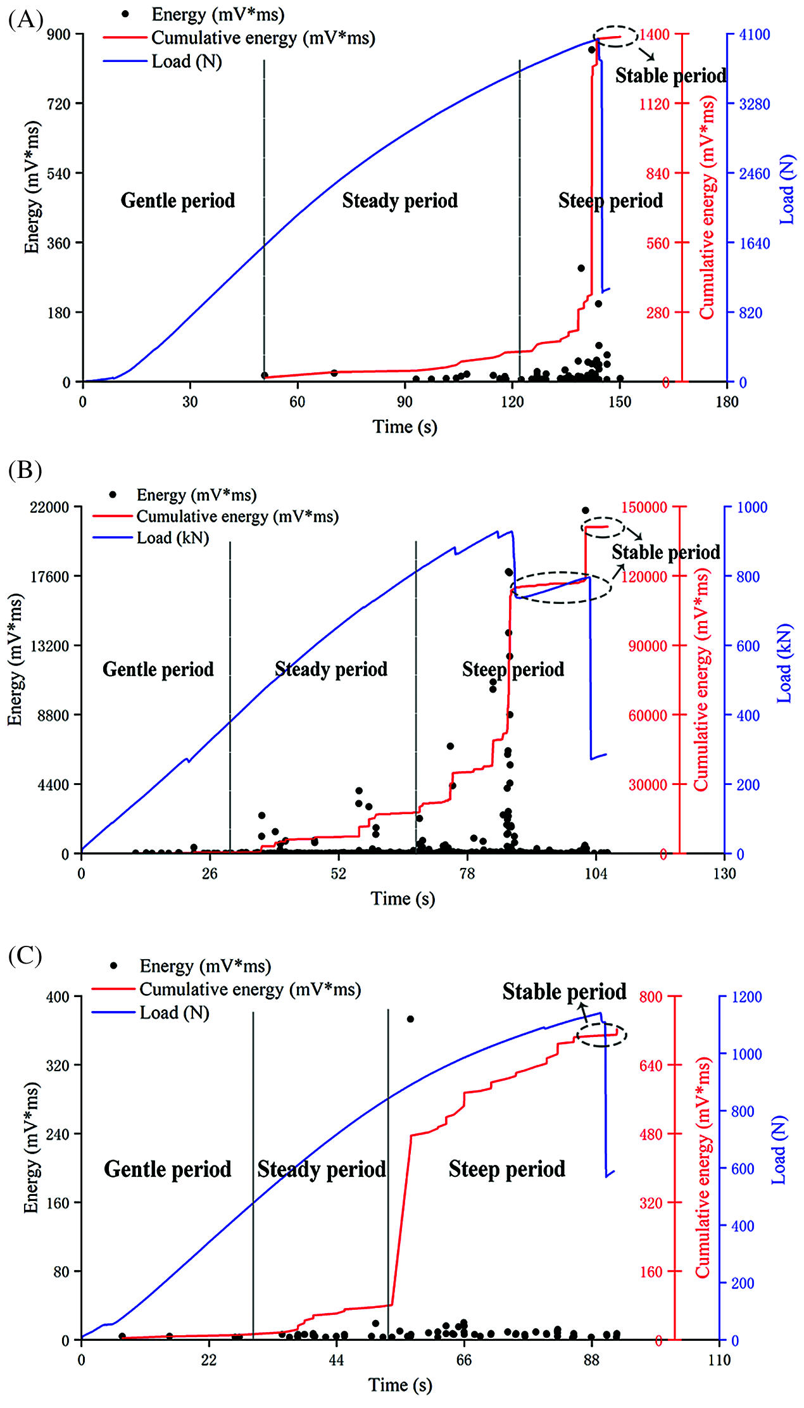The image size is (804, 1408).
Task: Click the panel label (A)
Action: (x=25, y=20)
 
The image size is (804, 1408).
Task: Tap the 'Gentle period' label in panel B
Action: (x=158, y=669)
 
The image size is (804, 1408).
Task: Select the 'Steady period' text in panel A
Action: (x=399, y=201)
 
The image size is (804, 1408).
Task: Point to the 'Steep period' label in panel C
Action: (x=506, y=1169)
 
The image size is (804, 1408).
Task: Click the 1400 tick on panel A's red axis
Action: (x=654, y=34)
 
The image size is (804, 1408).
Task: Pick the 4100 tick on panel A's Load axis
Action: (x=755, y=34)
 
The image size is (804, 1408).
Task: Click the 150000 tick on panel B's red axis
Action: (x=644, y=507)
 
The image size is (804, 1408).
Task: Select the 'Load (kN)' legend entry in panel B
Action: (x=173, y=538)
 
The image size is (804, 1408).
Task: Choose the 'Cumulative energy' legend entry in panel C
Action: (x=250, y=989)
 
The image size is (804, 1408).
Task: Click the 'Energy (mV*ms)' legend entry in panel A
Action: (x=218, y=14)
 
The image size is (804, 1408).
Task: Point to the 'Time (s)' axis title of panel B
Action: (x=403, y=899)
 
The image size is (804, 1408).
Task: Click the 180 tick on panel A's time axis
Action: (x=727, y=401)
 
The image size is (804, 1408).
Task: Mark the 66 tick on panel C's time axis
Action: (x=464, y=1361)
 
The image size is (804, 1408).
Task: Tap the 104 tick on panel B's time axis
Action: (x=596, y=874)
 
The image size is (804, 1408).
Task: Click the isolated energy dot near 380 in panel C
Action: (x=410, y=1019)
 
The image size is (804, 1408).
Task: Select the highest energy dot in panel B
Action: (x=586, y=510)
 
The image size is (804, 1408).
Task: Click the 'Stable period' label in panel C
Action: (x=564, y=991)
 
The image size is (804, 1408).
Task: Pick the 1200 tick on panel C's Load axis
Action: (x=747, y=997)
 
